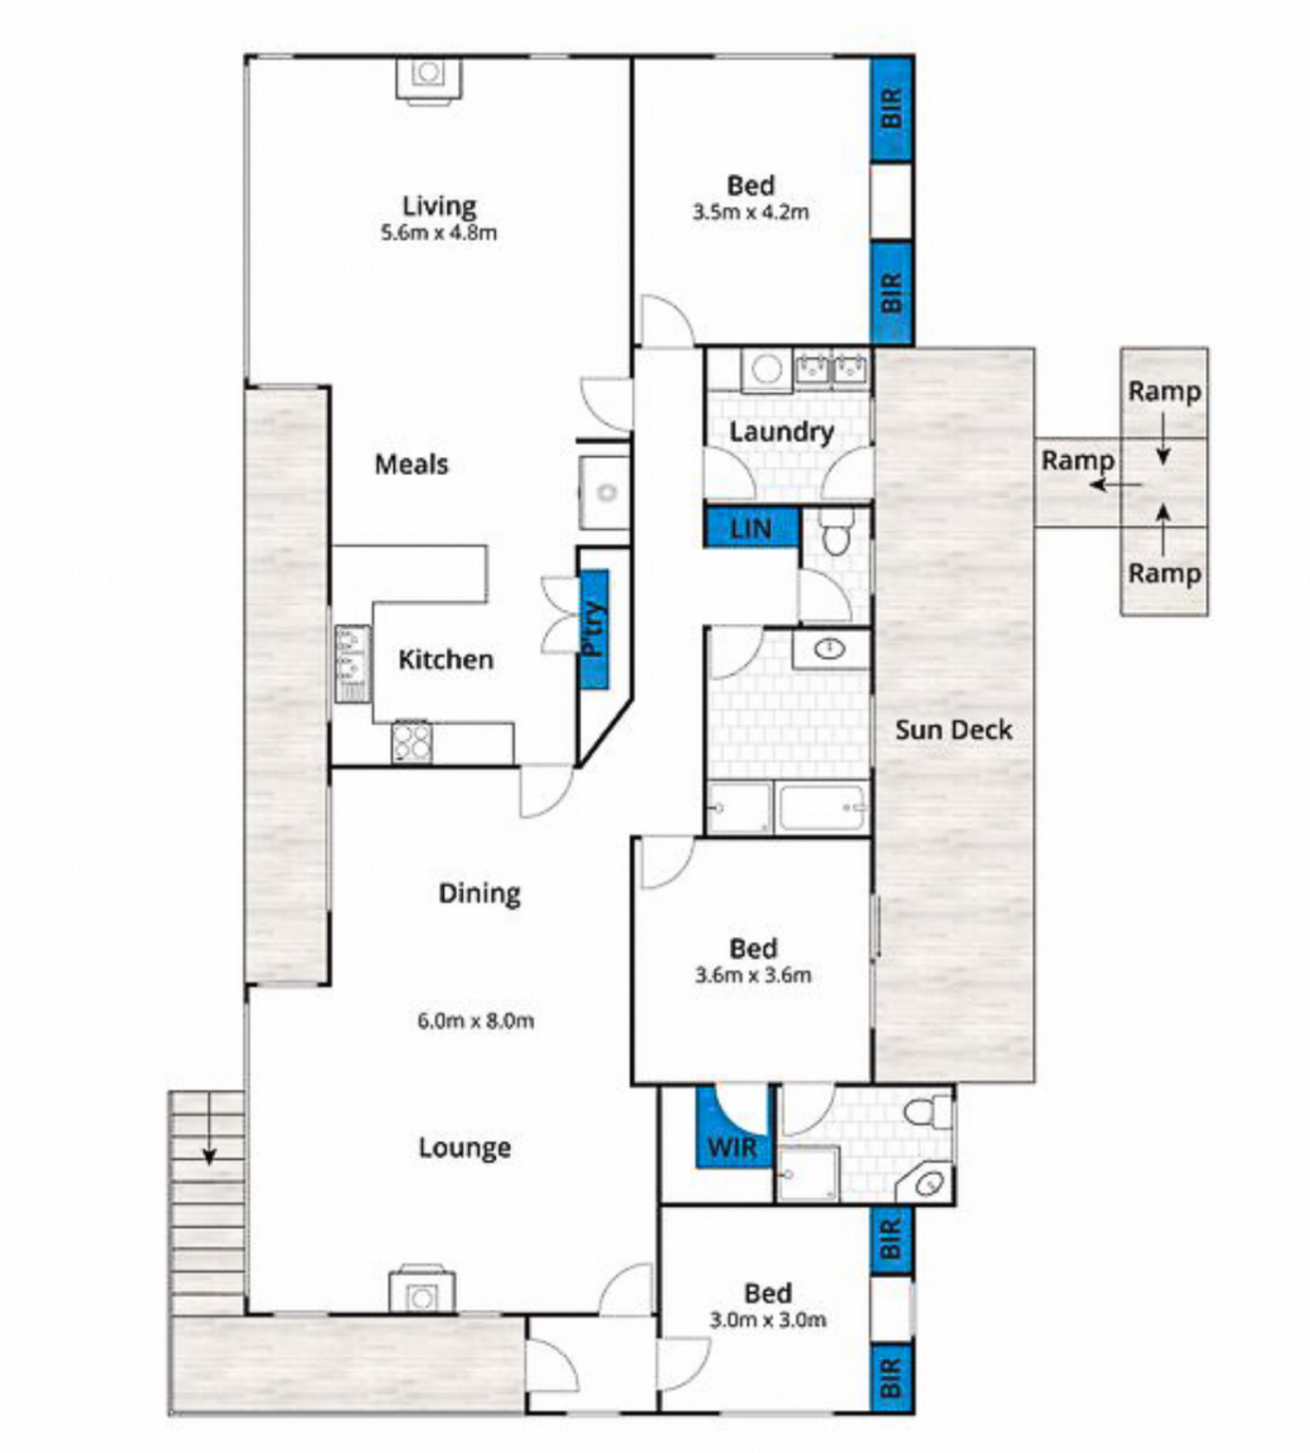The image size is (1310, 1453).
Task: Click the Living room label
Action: pyautogui.click(x=439, y=207)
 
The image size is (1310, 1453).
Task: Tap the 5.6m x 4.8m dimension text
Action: pyautogui.click(x=439, y=233)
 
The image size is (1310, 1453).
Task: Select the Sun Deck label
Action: pyautogui.click(x=954, y=730)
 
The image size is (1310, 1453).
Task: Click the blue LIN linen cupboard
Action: pyautogui.click(x=751, y=528)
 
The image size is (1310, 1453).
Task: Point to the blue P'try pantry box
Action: pyautogui.click(x=594, y=629)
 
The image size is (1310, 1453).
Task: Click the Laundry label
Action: pyautogui.click(x=782, y=432)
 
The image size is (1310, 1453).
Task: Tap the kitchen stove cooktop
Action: pyautogui.click(x=412, y=742)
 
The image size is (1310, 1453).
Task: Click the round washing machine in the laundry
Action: pyautogui.click(x=767, y=370)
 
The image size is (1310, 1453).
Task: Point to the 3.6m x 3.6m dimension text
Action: pyautogui.click(x=753, y=976)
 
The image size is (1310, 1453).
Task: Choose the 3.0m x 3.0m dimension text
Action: pyautogui.click(x=768, y=1321)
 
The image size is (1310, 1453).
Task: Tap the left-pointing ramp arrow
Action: pyautogui.click(x=1116, y=485)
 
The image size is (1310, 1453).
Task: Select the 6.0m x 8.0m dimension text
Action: pyautogui.click(x=476, y=1021)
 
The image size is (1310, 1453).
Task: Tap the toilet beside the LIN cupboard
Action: pyautogui.click(x=836, y=532)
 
